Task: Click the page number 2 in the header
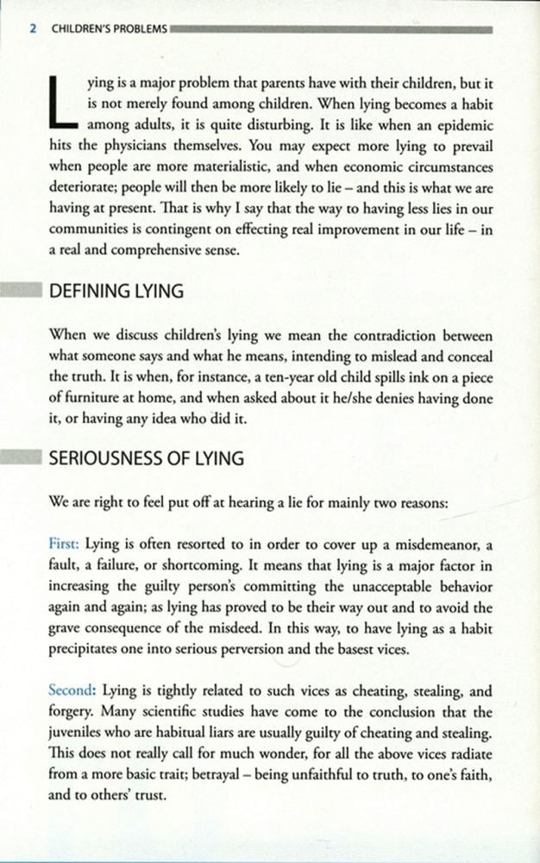tap(33, 28)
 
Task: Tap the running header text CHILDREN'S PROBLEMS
tap(110, 28)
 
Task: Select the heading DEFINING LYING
tap(116, 292)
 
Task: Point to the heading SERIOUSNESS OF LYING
tap(146, 459)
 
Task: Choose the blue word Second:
tap(72, 690)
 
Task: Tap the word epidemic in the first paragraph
tap(461, 123)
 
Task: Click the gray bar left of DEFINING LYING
tap(20, 290)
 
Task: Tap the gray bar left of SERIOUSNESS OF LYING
tap(20, 457)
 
